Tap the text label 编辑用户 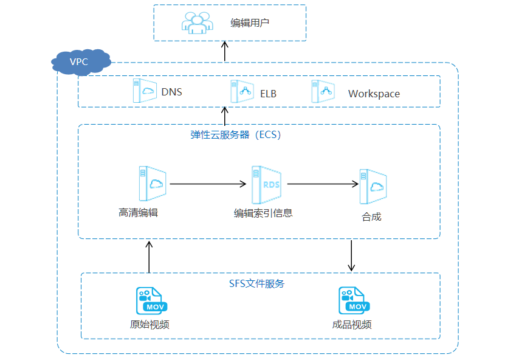click(x=250, y=23)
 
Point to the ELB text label click(x=268, y=94)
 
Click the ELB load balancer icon click(x=241, y=91)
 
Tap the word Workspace click(x=374, y=94)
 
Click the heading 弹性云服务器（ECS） click(x=236, y=135)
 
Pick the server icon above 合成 click(x=373, y=186)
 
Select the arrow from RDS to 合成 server click(x=322, y=183)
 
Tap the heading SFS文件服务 click(x=256, y=283)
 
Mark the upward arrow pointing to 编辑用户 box click(x=225, y=51)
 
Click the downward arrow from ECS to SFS click(x=351, y=255)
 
